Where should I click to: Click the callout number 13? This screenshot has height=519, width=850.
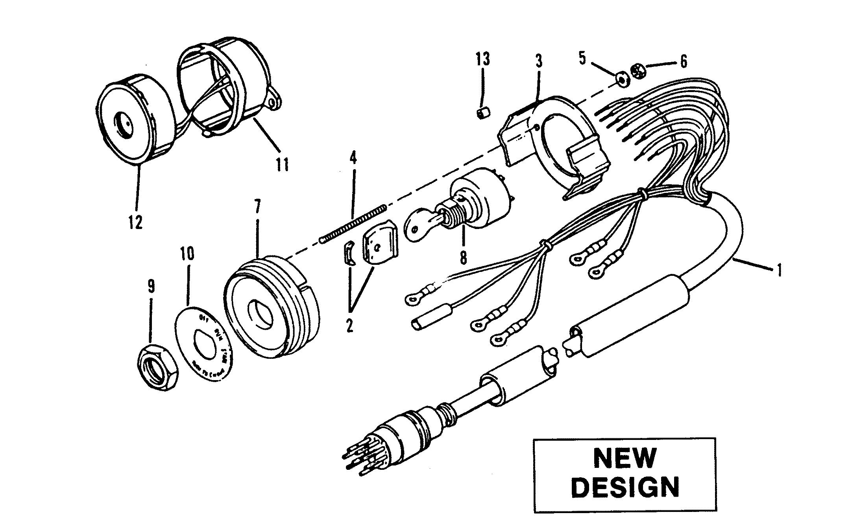[x=483, y=59]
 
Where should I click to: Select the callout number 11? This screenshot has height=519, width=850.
[x=282, y=164]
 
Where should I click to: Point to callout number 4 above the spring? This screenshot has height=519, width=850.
[x=353, y=158]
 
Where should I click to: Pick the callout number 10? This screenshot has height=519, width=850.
[x=188, y=254]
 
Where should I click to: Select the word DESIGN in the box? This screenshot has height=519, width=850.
[x=625, y=488]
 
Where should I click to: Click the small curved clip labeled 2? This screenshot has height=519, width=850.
[x=346, y=264]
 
